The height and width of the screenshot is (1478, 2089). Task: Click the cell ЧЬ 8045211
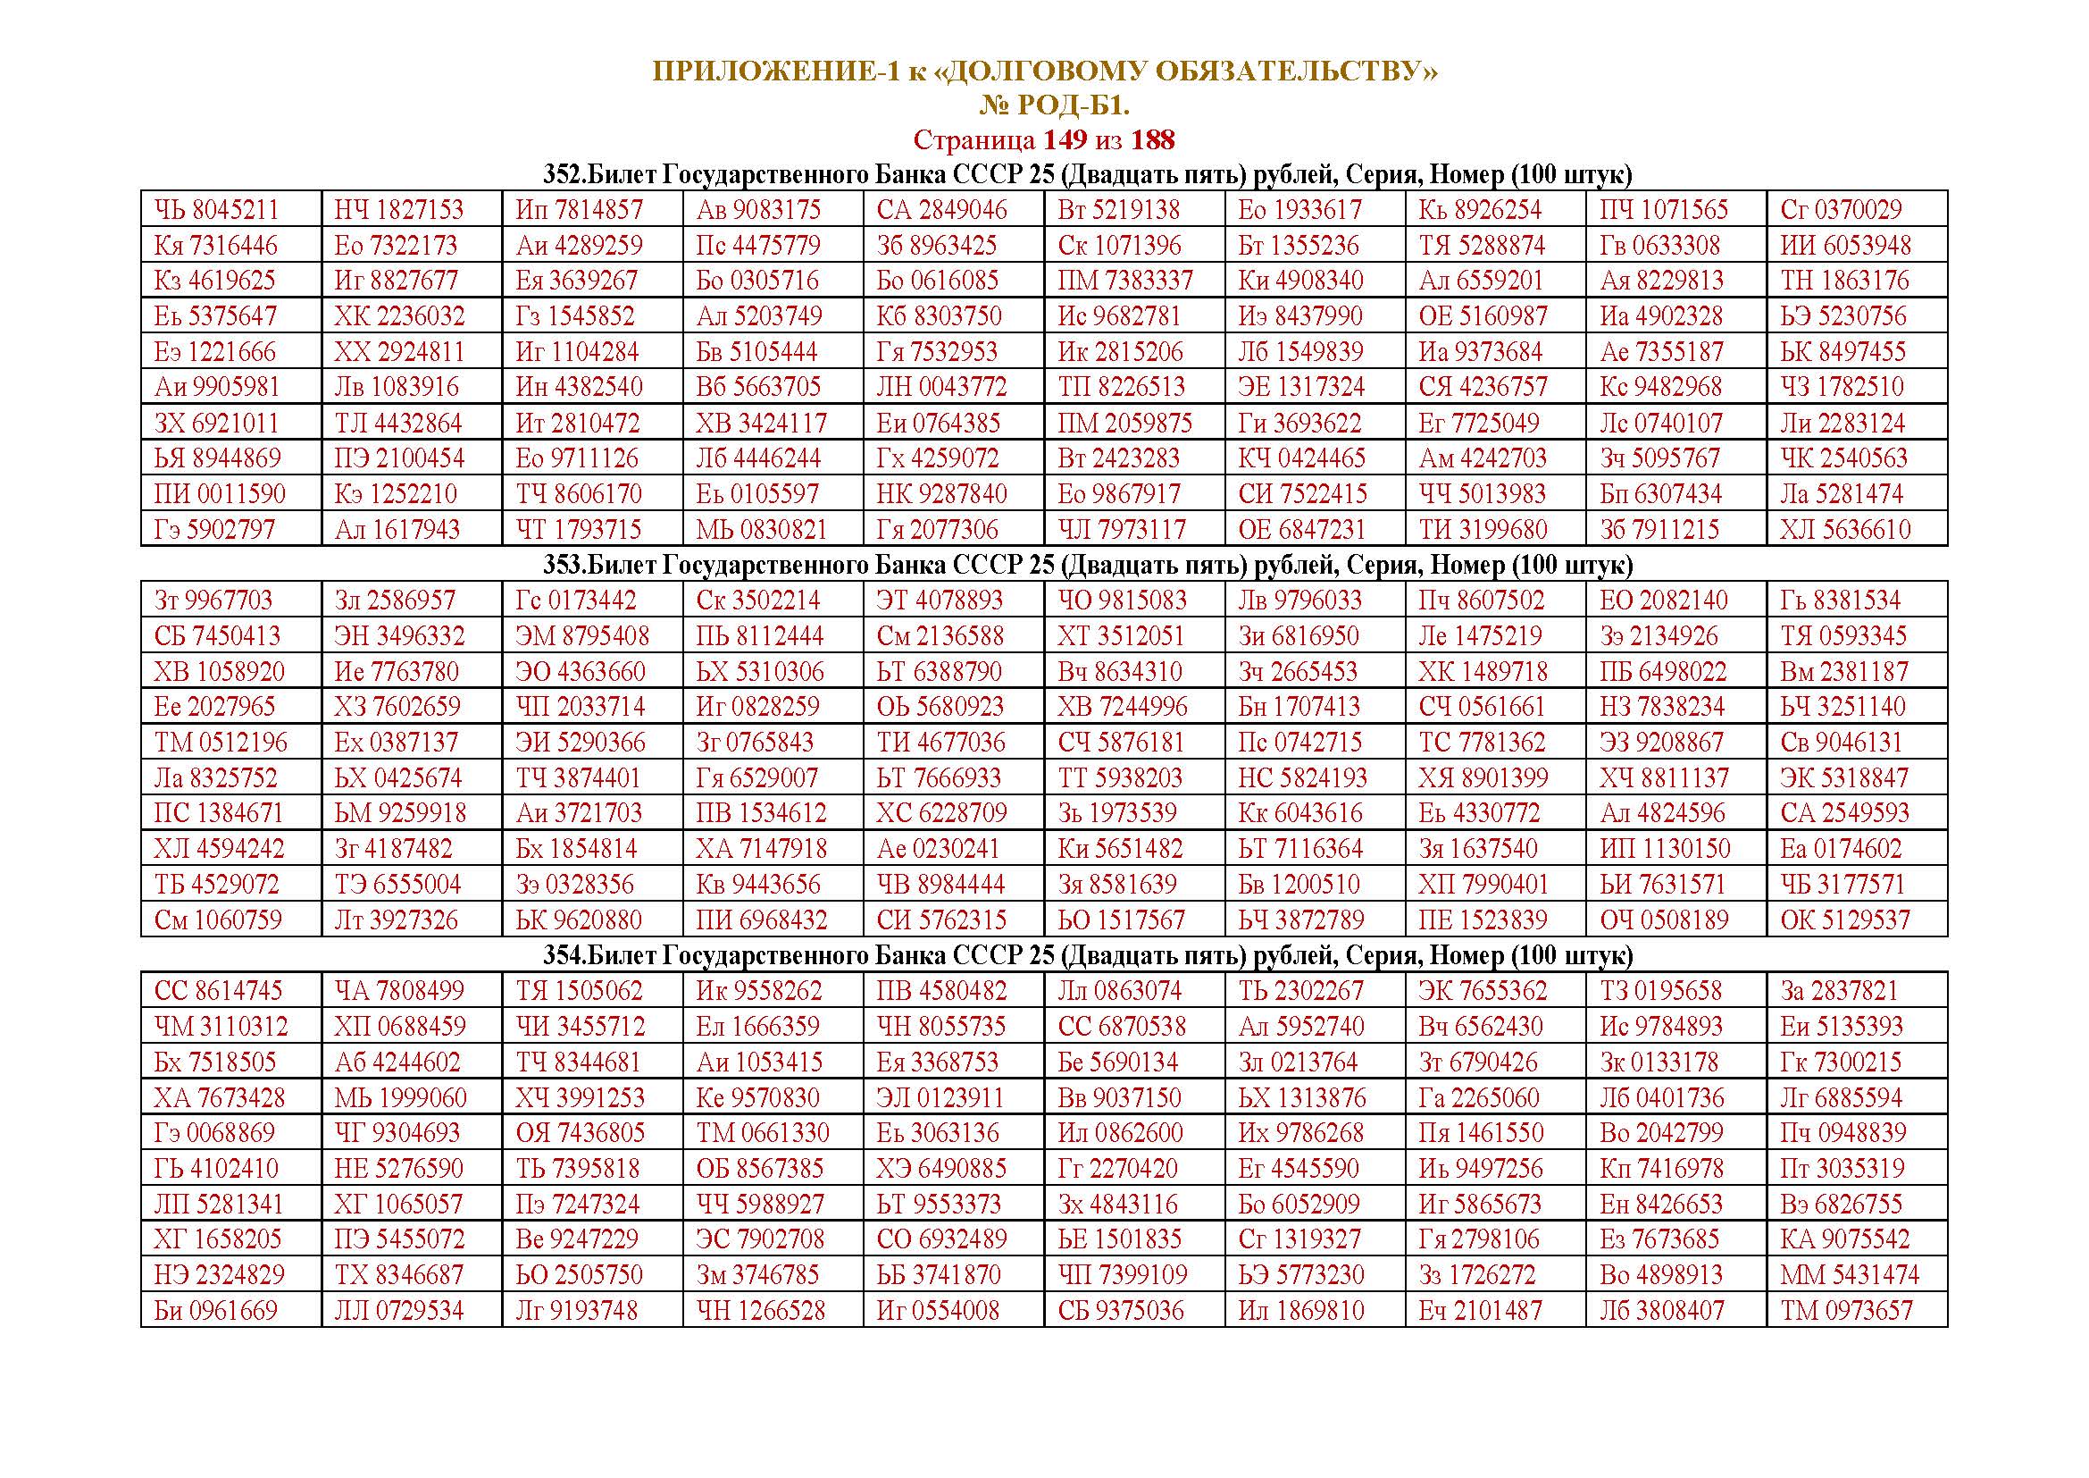pos(216,210)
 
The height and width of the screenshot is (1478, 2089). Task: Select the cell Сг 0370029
pos(1841,210)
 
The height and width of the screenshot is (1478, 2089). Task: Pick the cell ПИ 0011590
pos(220,494)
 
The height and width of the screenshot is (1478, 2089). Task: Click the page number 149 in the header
pos(1065,140)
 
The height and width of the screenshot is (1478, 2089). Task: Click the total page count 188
pos(1153,140)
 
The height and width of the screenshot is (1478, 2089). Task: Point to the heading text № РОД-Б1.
pos(1055,106)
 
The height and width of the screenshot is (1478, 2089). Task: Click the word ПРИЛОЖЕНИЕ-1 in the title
pos(775,71)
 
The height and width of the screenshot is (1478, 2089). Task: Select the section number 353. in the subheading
pos(565,565)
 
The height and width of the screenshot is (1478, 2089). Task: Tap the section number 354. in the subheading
pos(565,955)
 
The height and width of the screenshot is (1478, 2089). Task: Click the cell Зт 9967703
pos(213,600)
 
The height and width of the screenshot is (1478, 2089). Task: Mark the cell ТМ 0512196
pos(221,743)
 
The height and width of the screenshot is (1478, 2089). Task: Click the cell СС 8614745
pos(218,991)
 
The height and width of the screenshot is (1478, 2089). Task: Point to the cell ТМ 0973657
pos(1847,1312)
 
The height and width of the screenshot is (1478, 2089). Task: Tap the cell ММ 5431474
pos(1849,1275)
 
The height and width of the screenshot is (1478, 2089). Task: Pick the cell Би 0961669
pos(215,1312)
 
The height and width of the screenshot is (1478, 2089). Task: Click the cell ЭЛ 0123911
pos(940,1097)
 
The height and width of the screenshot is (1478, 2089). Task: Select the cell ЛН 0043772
pos(941,388)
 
